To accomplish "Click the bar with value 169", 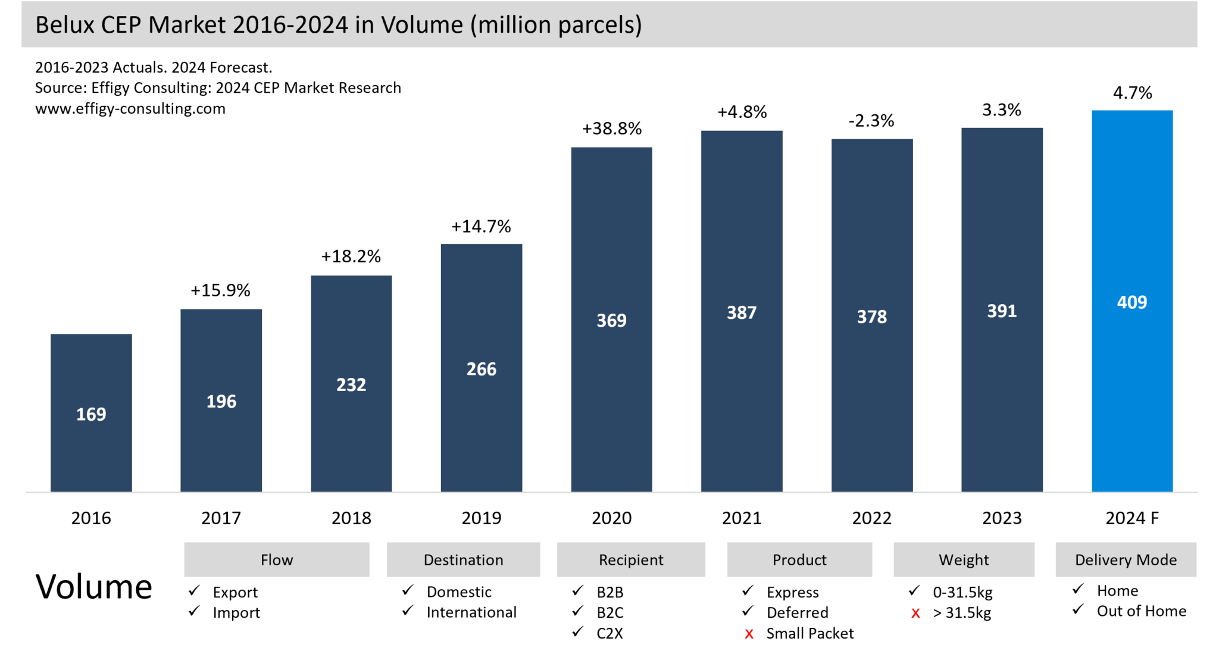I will tap(91, 413).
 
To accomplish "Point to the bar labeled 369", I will tap(611, 320).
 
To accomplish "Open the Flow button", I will tap(277, 559).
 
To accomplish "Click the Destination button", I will tap(463, 559).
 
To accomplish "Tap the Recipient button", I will tap(631, 559).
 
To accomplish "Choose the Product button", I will tap(799, 559).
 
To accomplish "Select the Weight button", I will tap(964, 559).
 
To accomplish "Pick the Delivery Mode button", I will tap(1126, 559).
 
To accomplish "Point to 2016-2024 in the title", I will tap(290, 25).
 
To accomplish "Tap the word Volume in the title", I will tap(422, 25).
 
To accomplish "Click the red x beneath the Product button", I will tap(749, 634).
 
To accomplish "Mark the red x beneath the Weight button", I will tap(915, 614).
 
